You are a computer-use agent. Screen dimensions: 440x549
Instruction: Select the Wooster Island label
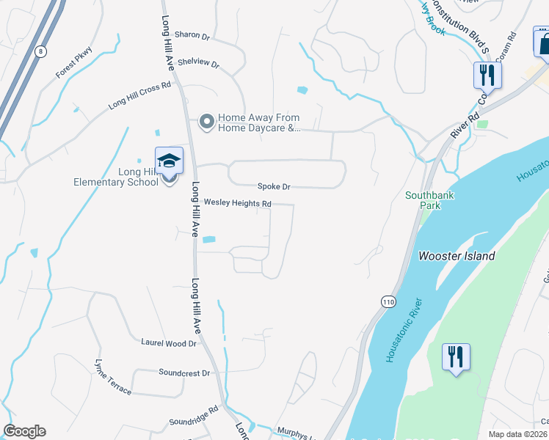[457, 256]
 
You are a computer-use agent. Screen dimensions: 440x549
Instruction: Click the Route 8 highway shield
[41, 51]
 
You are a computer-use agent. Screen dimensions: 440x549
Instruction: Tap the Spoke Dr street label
[274, 187]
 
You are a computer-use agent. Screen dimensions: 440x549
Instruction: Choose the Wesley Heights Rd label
[237, 203]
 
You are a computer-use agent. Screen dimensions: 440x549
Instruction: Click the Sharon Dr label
[192, 35]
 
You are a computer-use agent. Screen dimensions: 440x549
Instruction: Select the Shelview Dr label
[198, 64]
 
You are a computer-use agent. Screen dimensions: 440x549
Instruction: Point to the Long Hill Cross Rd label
[139, 95]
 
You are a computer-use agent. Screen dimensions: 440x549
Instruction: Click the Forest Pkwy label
[75, 64]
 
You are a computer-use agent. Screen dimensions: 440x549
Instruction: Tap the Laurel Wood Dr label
[169, 342]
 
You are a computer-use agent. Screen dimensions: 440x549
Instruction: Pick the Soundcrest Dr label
[184, 373]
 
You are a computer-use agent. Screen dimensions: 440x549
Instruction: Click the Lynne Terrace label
[113, 377]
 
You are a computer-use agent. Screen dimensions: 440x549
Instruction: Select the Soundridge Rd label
[194, 416]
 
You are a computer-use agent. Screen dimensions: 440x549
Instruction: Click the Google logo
[24, 431]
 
